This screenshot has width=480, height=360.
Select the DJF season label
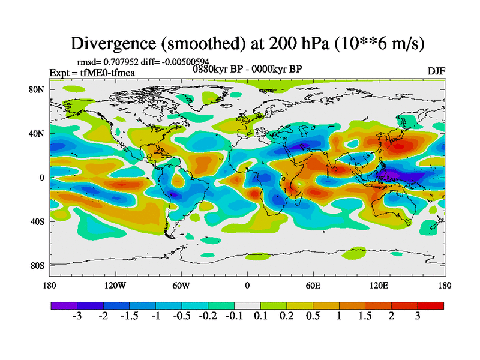coord(436,71)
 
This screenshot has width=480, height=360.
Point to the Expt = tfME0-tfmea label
coord(92,73)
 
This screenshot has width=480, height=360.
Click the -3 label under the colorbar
coord(77,316)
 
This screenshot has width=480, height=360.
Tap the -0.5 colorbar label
coord(181,316)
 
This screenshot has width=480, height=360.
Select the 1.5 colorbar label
coord(365,316)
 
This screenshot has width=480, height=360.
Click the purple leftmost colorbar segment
coord(64,305)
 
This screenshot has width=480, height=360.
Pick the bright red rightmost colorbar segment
coord(431,305)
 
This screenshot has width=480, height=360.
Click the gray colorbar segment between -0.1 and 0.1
coord(247,305)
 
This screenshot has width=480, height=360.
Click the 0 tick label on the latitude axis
coord(43,177)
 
